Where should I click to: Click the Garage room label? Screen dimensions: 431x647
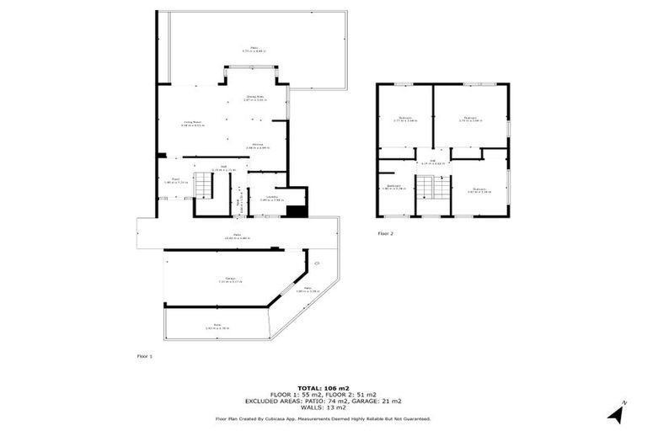point(230,279)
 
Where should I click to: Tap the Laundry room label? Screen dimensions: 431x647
point(267,197)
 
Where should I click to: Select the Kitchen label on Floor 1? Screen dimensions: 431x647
point(260,146)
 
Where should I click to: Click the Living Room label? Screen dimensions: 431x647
point(193,124)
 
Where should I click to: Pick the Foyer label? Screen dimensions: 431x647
point(176,180)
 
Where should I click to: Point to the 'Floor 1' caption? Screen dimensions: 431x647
point(145,357)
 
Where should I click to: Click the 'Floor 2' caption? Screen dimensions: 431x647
point(386,232)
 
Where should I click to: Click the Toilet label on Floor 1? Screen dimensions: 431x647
point(239,202)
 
